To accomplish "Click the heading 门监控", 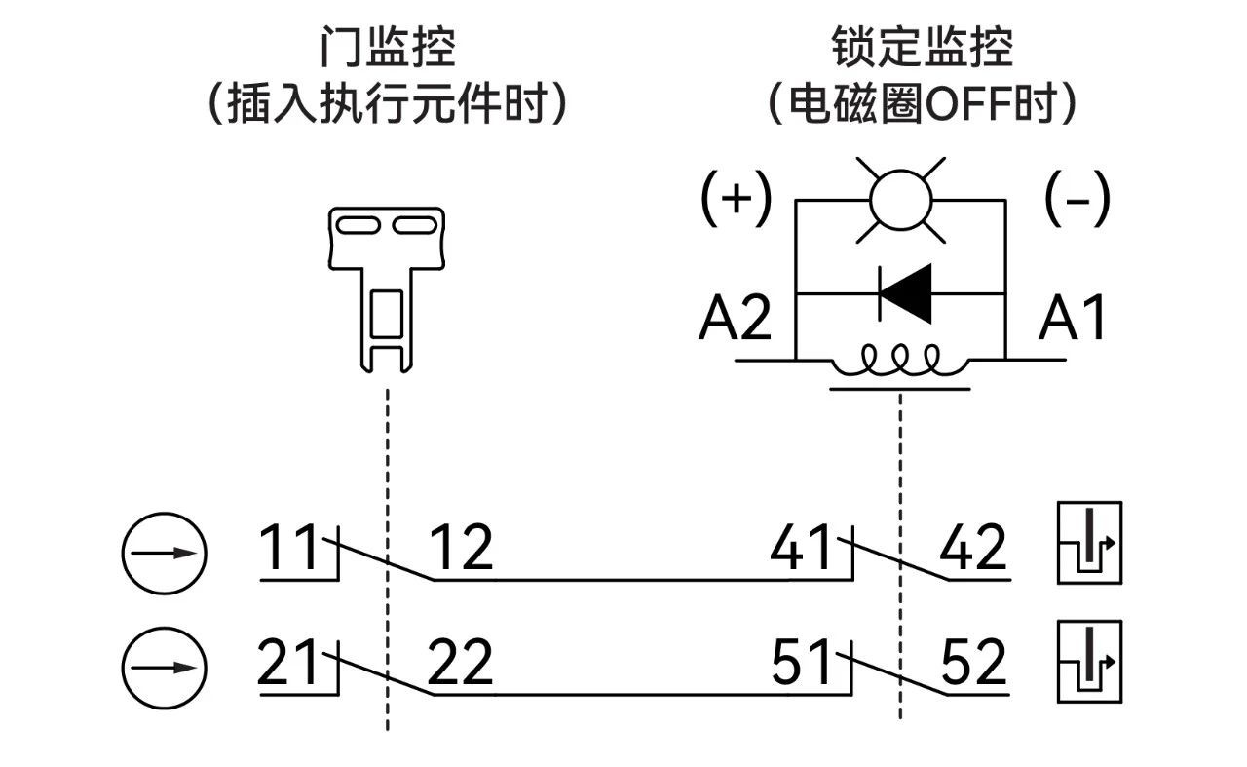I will [x=387, y=47].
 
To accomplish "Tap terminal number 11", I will [x=289, y=549].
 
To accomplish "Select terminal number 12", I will [x=461, y=549].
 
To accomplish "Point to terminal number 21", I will [x=289, y=664].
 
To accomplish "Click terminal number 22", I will [x=461, y=664].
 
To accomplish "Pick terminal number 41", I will [x=802, y=549].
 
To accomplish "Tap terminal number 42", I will [x=973, y=549].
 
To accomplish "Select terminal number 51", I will [x=802, y=664].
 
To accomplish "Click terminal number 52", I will [x=973, y=664].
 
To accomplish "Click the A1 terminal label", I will [x=1073, y=319].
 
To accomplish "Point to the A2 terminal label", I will [x=736, y=319].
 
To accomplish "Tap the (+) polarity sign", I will [x=737, y=198].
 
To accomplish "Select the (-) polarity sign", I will [x=1077, y=198].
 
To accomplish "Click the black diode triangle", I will [x=907, y=292].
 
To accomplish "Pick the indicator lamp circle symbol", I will [x=900, y=199].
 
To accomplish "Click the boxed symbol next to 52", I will [x=1089, y=662].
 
